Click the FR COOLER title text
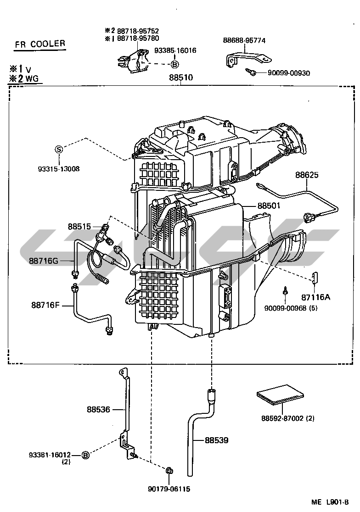(x=39, y=45)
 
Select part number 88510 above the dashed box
(x=180, y=78)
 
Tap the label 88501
(x=269, y=206)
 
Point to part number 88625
(x=307, y=175)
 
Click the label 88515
(x=80, y=226)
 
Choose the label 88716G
(x=44, y=261)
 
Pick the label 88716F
(x=45, y=304)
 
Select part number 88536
(x=99, y=409)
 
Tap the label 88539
(x=217, y=440)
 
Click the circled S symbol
(x=58, y=149)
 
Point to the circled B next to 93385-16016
(x=175, y=65)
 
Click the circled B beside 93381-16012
(x=85, y=455)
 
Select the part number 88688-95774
(x=244, y=40)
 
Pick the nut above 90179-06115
(x=169, y=470)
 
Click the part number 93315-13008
(x=58, y=169)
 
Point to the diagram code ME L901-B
(x=330, y=502)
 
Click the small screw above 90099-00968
(x=285, y=290)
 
